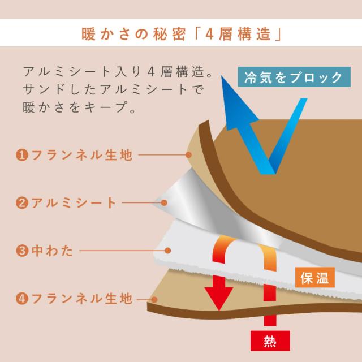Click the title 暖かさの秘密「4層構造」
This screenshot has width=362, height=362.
[181, 34]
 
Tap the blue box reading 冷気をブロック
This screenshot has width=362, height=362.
[294, 77]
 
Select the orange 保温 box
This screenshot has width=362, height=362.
[315, 278]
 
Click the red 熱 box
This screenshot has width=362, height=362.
[270, 341]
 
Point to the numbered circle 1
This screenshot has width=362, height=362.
[22, 155]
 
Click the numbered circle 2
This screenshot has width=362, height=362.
[22, 203]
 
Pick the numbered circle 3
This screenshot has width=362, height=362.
[22, 251]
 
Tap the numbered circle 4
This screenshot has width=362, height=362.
[22, 299]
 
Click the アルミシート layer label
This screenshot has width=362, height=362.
[74, 202]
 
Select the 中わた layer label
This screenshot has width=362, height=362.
[53, 251]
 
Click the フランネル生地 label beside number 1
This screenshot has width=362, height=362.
[81, 154]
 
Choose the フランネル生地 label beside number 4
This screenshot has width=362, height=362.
[81, 298]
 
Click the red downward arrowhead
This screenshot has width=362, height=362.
[219, 298]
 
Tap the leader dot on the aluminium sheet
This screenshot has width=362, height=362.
[164, 203]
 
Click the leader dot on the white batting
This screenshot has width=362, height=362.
[168, 251]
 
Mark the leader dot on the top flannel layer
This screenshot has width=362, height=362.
[188, 154]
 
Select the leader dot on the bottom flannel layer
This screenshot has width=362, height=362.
[154, 300]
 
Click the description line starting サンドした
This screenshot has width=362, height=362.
[113, 89]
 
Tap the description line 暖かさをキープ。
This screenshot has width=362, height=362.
[79, 107]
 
